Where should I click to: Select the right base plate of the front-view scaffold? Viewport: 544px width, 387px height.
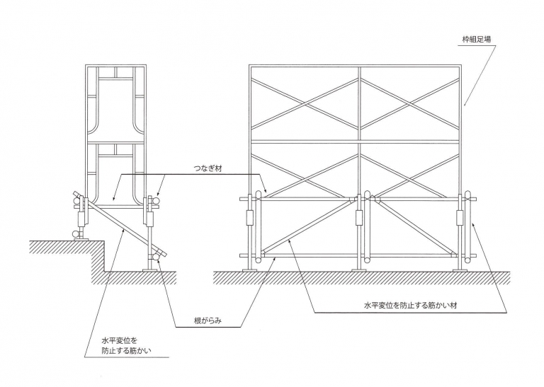click(465, 269)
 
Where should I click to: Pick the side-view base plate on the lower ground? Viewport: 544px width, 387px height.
click(151, 270)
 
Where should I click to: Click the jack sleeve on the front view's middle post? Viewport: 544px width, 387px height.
click(359, 217)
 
